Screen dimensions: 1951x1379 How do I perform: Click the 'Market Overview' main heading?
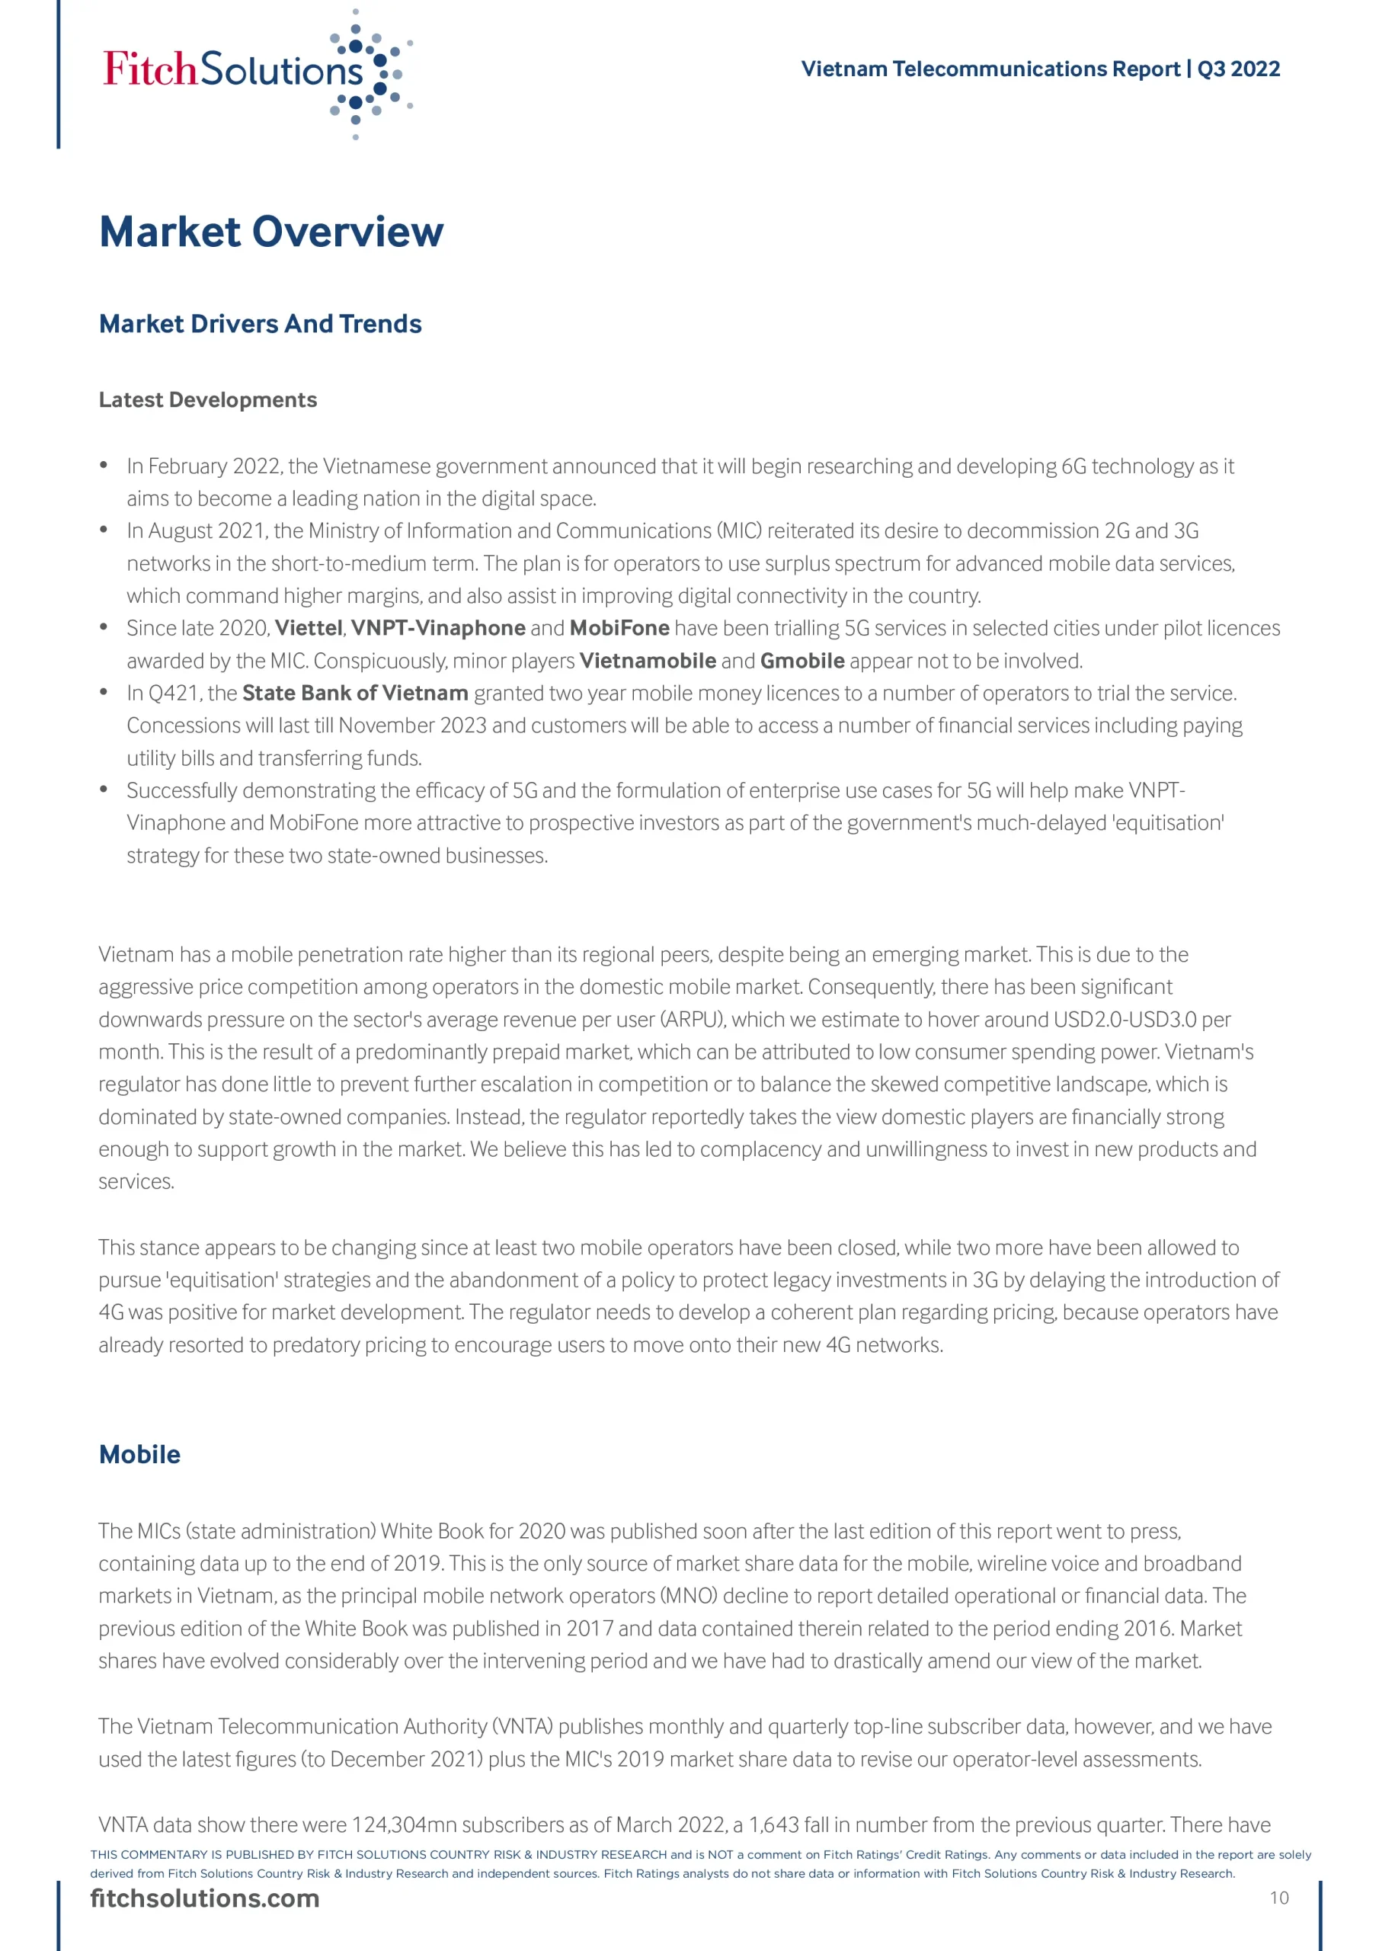(271, 232)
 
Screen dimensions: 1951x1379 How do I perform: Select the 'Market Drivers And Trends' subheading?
(260, 324)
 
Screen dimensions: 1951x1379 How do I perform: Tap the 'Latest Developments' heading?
(207, 400)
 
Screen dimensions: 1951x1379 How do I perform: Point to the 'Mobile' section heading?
(139, 1454)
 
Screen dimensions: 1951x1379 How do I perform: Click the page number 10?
(1278, 1898)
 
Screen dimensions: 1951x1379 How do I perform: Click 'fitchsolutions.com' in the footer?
(205, 1898)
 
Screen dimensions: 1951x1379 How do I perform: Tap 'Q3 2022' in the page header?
(1238, 69)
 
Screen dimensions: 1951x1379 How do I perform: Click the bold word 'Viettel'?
(309, 628)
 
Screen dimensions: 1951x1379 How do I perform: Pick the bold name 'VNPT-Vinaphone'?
(437, 628)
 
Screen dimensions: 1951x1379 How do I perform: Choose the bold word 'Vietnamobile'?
(648, 661)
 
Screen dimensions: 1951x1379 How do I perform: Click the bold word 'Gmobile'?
(802, 661)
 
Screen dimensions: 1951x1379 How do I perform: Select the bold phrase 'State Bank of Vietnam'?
(355, 694)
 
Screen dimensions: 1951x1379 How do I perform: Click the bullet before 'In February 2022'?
(104, 465)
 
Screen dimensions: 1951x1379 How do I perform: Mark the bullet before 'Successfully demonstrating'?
(104, 790)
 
